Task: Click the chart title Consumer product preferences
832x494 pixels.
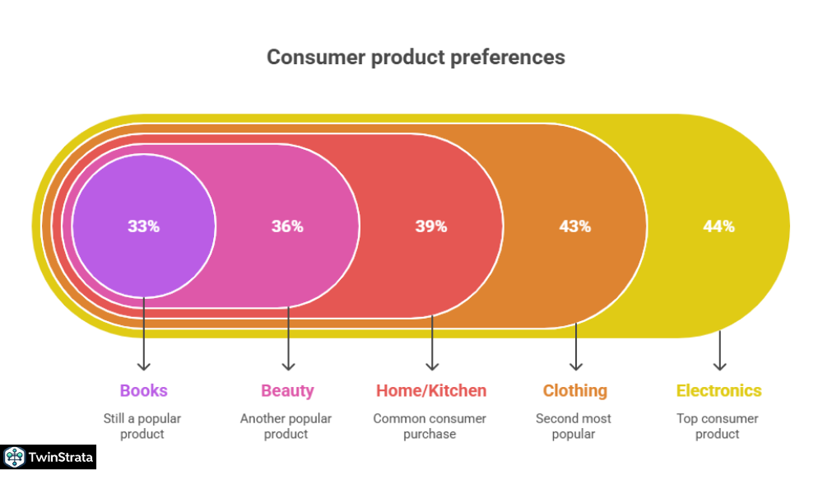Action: [416, 58]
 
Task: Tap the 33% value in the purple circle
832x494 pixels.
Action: [143, 226]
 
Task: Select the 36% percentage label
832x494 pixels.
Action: [287, 226]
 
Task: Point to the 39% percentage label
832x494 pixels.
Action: [431, 226]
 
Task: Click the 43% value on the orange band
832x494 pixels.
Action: [575, 226]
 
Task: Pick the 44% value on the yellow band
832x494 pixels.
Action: [718, 226]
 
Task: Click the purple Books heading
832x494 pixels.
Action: [143, 391]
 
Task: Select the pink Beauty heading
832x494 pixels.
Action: [287, 391]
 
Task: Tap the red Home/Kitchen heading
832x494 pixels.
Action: [431, 391]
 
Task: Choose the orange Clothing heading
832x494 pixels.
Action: [575, 391]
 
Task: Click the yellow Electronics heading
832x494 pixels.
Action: [718, 391]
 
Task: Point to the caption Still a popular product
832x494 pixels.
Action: [142, 426]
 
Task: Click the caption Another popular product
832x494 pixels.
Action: [286, 426]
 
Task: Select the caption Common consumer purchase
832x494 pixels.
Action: [430, 426]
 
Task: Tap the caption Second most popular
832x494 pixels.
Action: [574, 426]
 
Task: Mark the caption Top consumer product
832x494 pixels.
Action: [718, 426]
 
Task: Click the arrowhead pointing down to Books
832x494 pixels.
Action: [144, 366]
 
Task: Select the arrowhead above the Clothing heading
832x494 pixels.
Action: [576, 366]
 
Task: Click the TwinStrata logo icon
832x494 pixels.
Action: [14, 457]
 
